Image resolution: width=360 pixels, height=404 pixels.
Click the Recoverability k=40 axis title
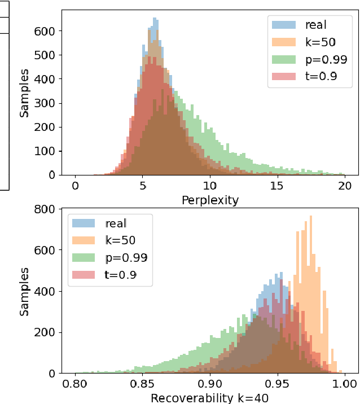click(x=209, y=398)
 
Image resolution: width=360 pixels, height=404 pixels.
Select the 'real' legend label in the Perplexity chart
click(x=315, y=24)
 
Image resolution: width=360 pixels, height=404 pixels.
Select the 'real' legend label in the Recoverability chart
click(x=116, y=222)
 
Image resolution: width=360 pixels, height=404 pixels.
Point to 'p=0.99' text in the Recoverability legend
click(x=126, y=257)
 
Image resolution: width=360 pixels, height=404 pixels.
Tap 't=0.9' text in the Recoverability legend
click(x=121, y=275)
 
